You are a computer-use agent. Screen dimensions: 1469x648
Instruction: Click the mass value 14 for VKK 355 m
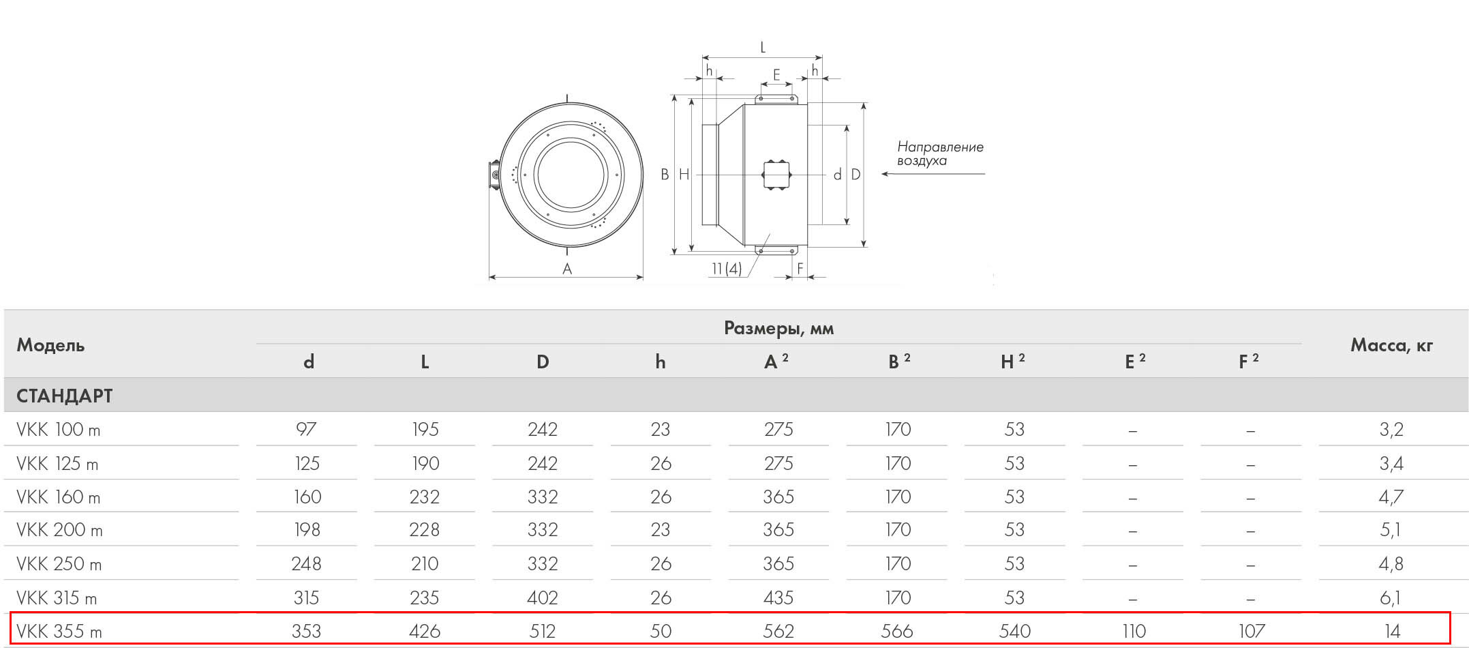(x=1391, y=631)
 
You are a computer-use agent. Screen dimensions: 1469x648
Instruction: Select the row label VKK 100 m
(x=59, y=430)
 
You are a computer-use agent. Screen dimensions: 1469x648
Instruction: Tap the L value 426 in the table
(x=424, y=631)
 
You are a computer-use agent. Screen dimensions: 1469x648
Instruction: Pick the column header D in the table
(x=543, y=362)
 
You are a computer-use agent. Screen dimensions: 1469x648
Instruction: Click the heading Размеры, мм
(x=778, y=329)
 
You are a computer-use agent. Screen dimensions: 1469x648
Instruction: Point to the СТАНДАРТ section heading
(x=65, y=396)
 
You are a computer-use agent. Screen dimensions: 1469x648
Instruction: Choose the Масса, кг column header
(x=1391, y=345)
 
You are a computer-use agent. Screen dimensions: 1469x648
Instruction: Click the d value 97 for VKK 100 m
(x=306, y=430)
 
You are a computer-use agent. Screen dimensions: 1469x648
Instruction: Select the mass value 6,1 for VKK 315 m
(x=1390, y=598)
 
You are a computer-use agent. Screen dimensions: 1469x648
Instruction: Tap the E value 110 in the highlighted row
(x=1134, y=631)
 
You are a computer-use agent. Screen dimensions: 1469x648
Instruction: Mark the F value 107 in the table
(x=1252, y=631)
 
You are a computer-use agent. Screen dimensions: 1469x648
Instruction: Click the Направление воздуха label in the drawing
(x=939, y=153)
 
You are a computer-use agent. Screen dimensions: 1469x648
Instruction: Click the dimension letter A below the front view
(x=567, y=269)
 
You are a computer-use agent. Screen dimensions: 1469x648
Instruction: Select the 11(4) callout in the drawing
(x=727, y=269)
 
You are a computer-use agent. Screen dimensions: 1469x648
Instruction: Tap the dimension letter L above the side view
(x=763, y=48)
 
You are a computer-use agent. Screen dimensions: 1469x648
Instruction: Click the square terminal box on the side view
(x=776, y=175)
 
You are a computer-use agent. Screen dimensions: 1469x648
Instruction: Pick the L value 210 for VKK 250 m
(x=424, y=564)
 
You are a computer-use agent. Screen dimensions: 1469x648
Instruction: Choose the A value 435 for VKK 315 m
(x=778, y=598)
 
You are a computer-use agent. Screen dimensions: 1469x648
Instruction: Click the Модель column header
(x=50, y=345)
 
